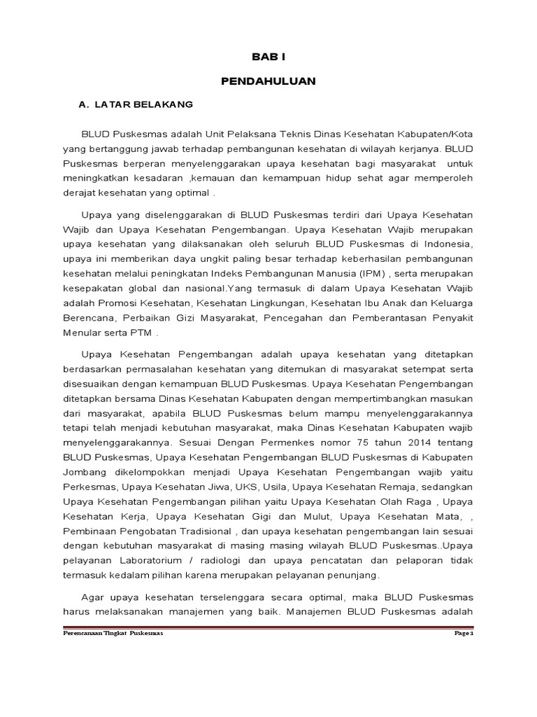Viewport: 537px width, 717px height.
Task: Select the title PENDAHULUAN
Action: pyautogui.click(x=268, y=81)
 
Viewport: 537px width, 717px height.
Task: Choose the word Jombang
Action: pyautogui.click(x=84, y=473)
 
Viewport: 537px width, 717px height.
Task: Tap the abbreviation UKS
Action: pyautogui.click(x=247, y=487)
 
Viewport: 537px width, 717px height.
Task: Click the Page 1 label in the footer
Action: pyautogui.click(x=464, y=633)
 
